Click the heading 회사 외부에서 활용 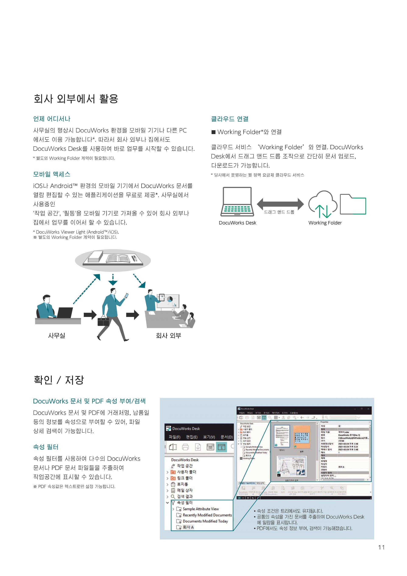(x=76, y=99)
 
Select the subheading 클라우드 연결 (x=230, y=119)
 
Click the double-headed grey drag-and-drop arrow (x=280, y=204)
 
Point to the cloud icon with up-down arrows (x=323, y=204)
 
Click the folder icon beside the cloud (x=353, y=204)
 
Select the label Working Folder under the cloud (x=325, y=223)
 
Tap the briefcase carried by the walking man (x=103, y=321)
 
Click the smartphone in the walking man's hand (x=126, y=296)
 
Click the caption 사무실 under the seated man (x=57, y=335)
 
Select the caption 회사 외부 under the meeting (x=168, y=335)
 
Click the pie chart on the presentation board (x=170, y=299)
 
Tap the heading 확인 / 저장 (x=59, y=380)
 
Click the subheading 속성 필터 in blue (x=46, y=447)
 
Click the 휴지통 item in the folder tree (x=182, y=484)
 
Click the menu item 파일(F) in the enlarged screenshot (x=174, y=437)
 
